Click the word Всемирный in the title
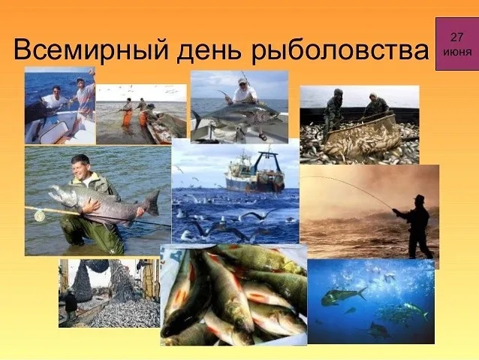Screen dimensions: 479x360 pos(91,50)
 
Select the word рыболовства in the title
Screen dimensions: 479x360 pos(340,50)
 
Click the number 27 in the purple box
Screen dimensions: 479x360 pos(456,37)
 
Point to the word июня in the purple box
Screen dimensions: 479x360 pos(457,51)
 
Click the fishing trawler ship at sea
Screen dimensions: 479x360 pos(255,173)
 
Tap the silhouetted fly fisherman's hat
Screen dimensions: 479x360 pos(418,198)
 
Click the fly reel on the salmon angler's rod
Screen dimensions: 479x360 pos(39,216)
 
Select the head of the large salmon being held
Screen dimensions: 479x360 pos(60,194)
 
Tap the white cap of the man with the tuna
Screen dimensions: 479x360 pos(243,81)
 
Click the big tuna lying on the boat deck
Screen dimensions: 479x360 pos(236,116)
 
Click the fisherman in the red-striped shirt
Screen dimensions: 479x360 pos(85,97)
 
